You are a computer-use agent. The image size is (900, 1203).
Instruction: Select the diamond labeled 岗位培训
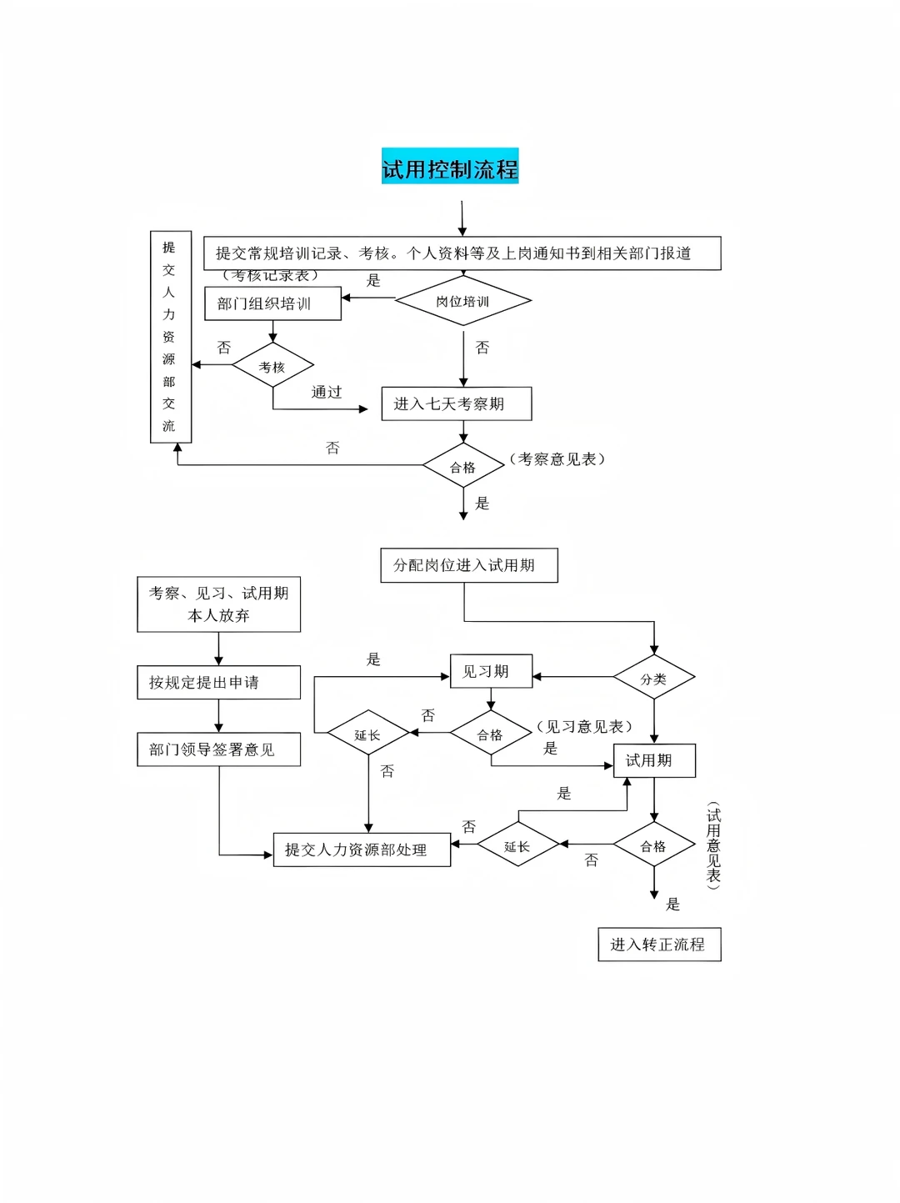pyautogui.click(x=462, y=301)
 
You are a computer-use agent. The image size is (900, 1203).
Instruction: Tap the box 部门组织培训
pyautogui.click(x=272, y=303)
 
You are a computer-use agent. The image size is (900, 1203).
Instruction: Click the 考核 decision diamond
pyautogui.click(x=272, y=366)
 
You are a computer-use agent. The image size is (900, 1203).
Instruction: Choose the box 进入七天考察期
pyautogui.click(x=456, y=404)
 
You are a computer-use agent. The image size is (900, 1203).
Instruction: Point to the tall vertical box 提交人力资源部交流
pyautogui.click(x=170, y=337)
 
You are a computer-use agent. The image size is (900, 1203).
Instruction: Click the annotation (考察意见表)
pyautogui.click(x=557, y=459)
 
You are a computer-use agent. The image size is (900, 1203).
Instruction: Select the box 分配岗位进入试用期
pyautogui.click(x=468, y=565)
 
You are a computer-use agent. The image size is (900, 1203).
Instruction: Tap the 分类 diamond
pyautogui.click(x=653, y=679)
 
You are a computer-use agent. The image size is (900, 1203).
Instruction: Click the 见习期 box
pyautogui.click(x=491, y=671)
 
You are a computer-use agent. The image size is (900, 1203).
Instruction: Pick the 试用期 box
pyautogui.click(x=654, y=760)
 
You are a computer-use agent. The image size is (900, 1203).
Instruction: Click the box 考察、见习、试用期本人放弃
pyautogui.click(x=218, y=604)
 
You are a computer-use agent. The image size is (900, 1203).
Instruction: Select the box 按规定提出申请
pyautogui.click(x=218, y=682)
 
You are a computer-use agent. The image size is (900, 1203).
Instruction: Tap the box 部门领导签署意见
pyautogui.click(x=218, y=749)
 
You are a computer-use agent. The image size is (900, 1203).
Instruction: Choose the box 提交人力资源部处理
pyautogui.click(x=362, y=850)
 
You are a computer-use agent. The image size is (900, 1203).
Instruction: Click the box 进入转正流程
pyautogui.click(x=659, y=945)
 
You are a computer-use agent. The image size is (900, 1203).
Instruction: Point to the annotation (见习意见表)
pyautogui.click(x=584, y=727)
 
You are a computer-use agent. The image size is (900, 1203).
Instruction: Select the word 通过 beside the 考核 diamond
pyautogui.click(x=327, y=392)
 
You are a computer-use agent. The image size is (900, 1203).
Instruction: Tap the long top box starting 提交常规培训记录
pyautogui.click(x=462, y=253)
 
